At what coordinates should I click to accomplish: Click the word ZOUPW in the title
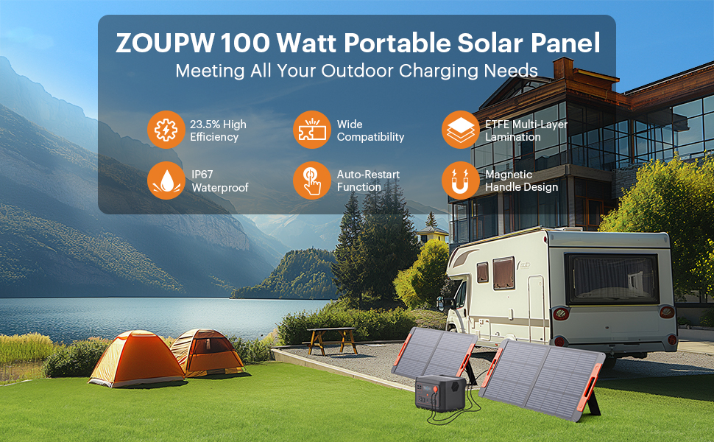166,43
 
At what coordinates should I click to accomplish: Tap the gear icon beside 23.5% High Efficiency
166,130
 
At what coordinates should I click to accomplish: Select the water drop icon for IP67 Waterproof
166,180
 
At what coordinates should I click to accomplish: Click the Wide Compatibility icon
312,130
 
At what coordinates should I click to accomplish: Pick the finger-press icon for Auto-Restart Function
312,180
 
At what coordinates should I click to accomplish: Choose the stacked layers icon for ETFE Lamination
460,130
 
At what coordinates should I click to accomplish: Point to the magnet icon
460,180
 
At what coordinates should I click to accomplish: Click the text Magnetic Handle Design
521,181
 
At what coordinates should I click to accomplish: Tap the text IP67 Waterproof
220,181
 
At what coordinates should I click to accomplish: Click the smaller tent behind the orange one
208,352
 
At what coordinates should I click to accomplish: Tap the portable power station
440,393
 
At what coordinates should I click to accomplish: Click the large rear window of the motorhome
612,278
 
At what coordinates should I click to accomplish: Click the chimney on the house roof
563,69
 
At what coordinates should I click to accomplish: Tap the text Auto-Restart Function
368,181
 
